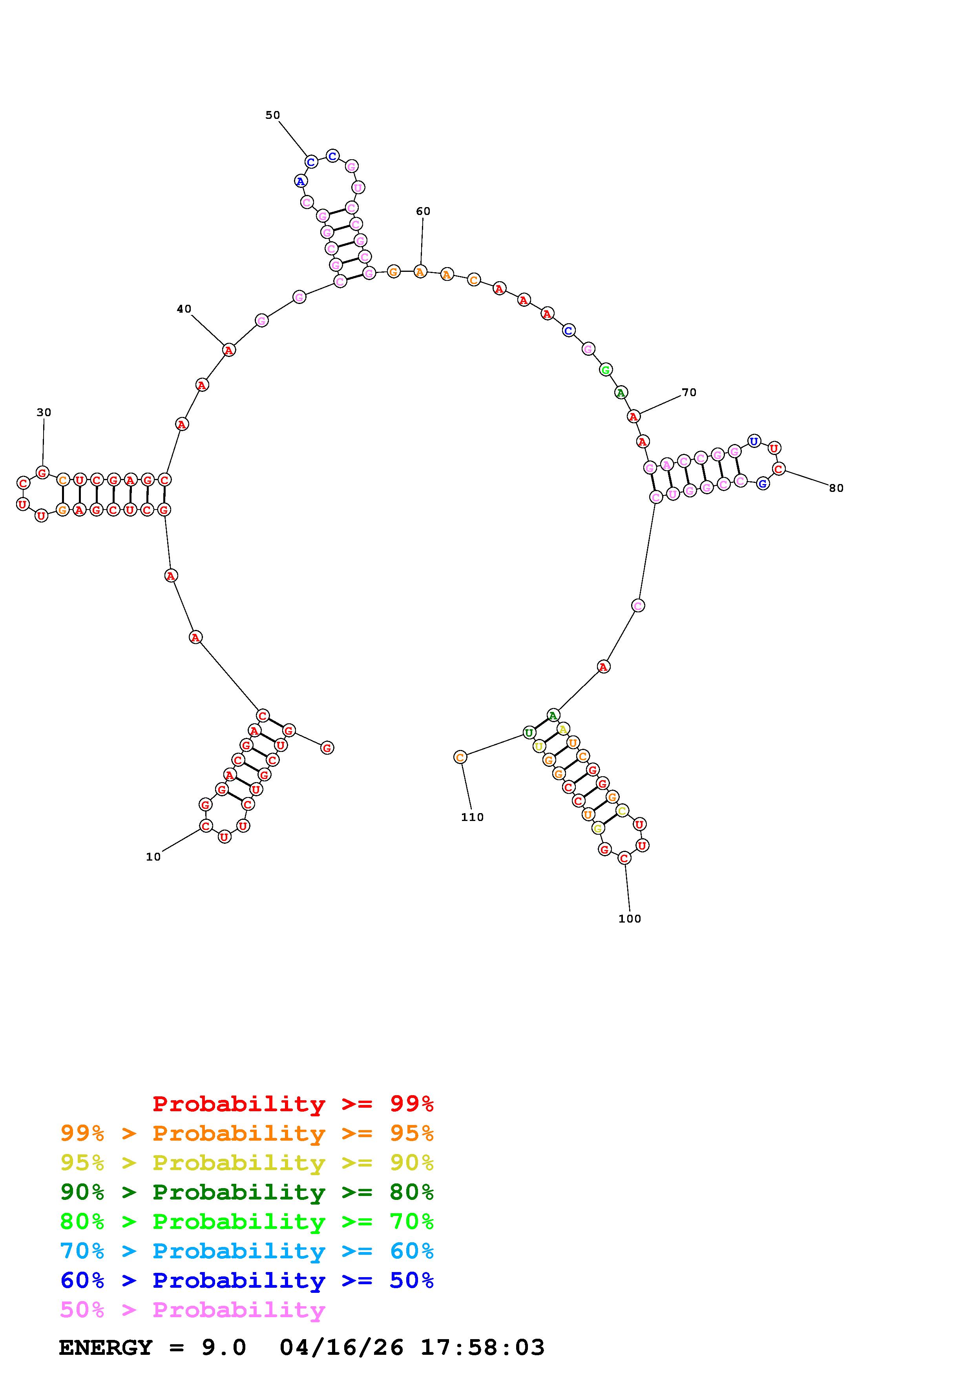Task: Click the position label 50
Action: point(273,115)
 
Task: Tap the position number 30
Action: point(44,412)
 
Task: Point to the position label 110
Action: point(473,817)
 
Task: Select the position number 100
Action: point(630,919)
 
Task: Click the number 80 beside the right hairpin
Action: point(836,488)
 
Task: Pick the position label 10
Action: point(153,857)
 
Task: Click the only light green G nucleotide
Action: point(606,370)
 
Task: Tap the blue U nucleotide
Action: point(754,442)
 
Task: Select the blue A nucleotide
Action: point(300,181)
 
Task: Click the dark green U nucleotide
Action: point(529,732)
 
